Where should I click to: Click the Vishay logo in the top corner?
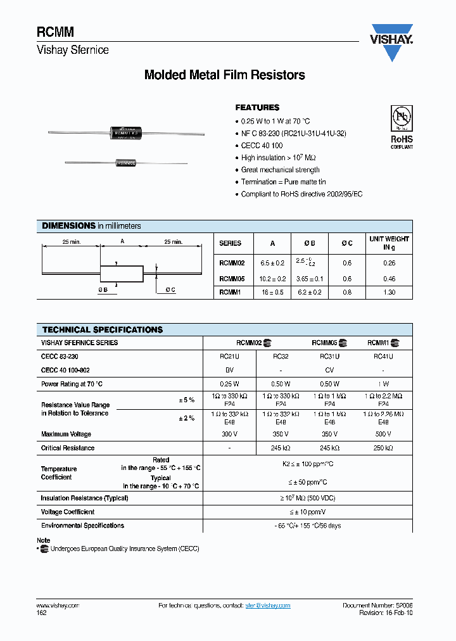pos(391,43)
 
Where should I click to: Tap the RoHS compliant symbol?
pos(401,127)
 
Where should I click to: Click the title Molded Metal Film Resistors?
pos(225,75)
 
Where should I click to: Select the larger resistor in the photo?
pos(125,132)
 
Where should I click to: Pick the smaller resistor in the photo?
pos(125,163)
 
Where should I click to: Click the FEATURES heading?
pos(257,108)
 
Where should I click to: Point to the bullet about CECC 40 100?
pos(262,146)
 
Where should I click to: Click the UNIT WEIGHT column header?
pos(389,243)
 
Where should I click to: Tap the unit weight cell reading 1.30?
pos(389,293)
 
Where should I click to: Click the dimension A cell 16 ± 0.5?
pos(273,293)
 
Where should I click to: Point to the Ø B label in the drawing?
pos(103,290)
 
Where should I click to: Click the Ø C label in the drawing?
pos(170,290)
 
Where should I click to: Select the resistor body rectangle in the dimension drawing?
pos(122,273)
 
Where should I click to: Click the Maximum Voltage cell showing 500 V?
pos(383,435)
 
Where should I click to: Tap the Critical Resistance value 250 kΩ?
pos(383,448)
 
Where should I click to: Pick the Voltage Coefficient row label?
pos(68,512)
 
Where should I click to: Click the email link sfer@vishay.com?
pos(268,606)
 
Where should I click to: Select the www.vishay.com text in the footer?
pos(58,606)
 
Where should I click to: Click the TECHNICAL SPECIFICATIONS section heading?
pos(103,330)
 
